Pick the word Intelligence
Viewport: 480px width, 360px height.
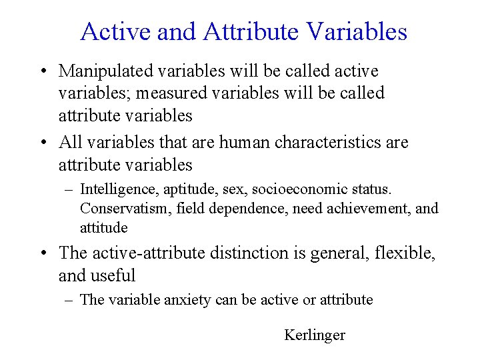pos(117,190)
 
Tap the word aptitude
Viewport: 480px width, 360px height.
pos(183,190)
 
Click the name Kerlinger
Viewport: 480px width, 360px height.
pos(315,335)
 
